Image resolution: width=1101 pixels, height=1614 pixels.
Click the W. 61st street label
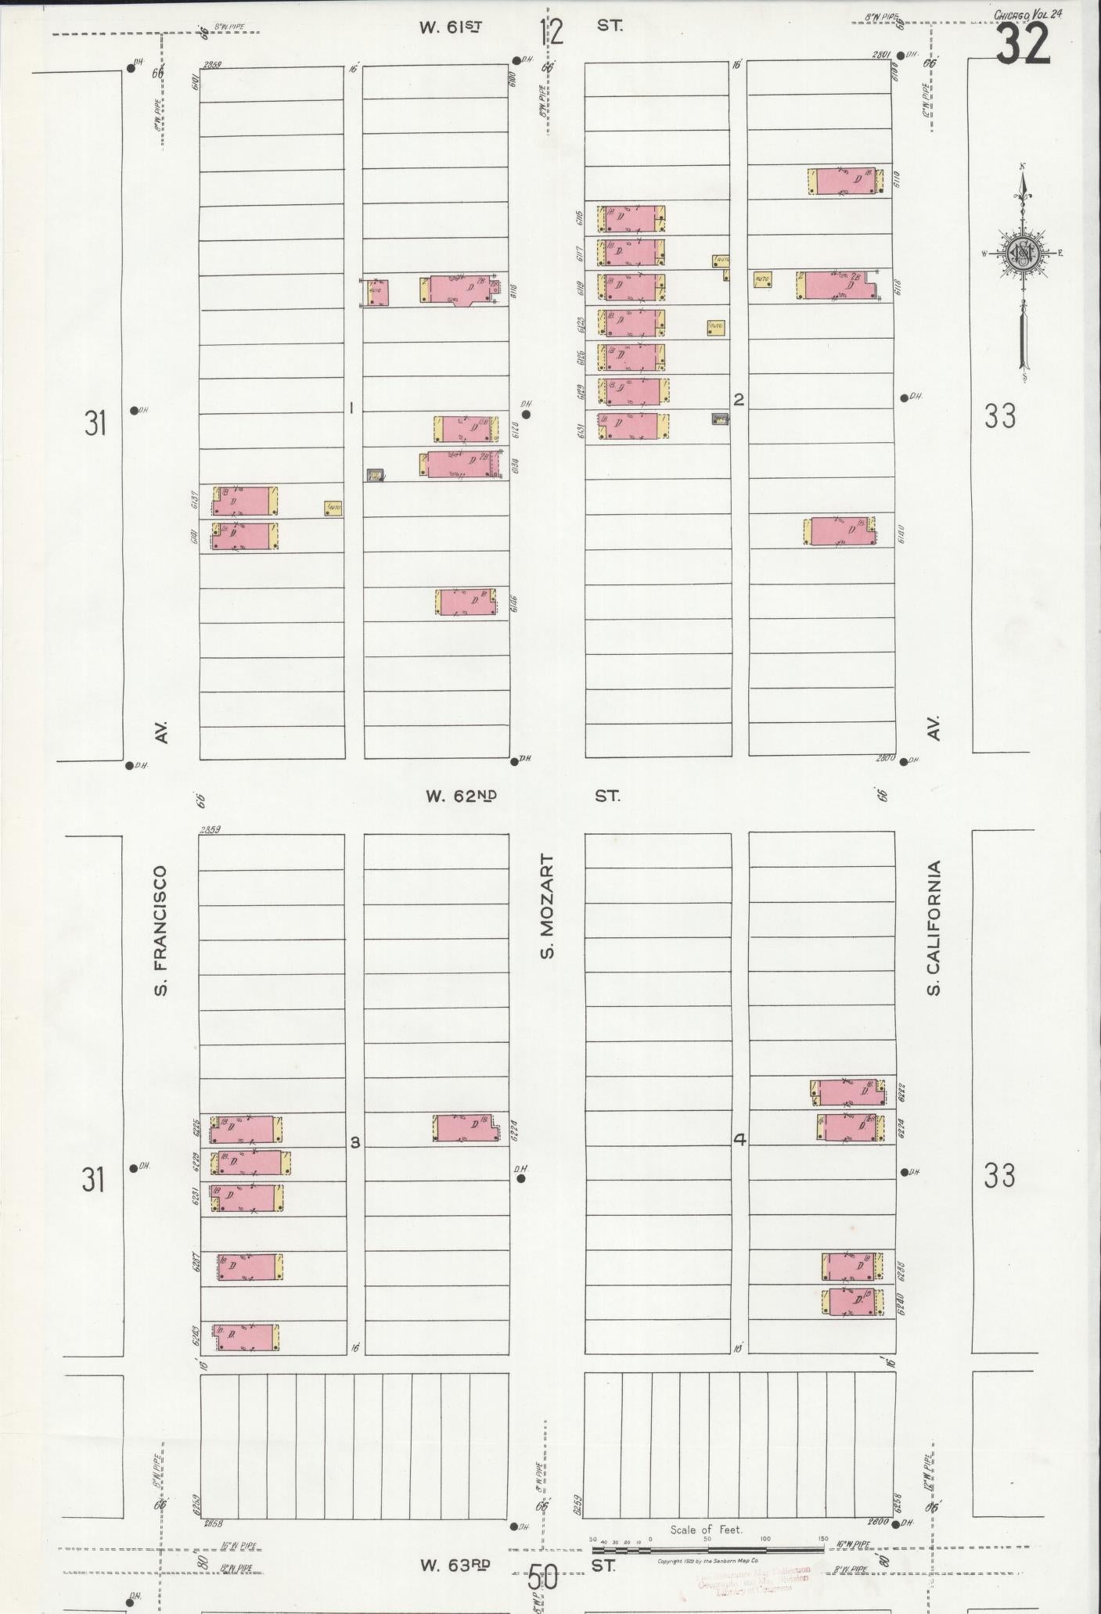450,27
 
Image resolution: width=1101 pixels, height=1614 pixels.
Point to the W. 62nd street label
461,796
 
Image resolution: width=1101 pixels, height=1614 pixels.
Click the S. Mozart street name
547,906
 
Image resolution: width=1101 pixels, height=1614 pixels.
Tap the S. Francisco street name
161,930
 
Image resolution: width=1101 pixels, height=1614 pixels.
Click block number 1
352,408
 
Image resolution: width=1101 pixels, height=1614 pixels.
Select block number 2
738,400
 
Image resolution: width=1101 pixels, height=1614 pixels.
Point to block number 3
354,1142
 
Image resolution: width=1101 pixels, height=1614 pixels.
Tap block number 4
739,1140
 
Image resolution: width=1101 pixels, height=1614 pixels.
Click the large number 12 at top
551,32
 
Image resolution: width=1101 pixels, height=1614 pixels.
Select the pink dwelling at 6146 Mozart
467,602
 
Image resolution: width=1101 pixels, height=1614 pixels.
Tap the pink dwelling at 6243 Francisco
245,1337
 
